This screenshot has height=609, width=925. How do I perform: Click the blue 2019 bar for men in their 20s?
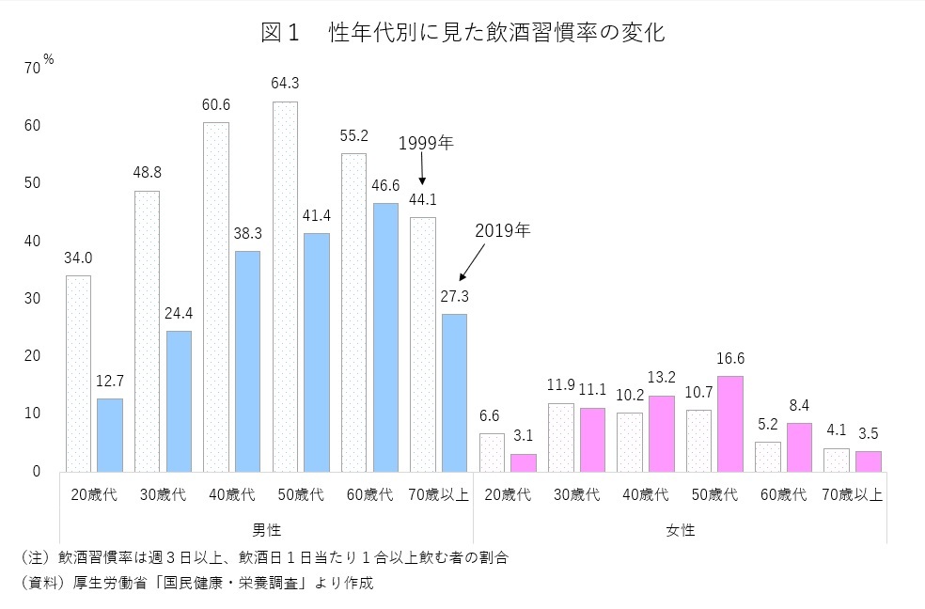(109, 434)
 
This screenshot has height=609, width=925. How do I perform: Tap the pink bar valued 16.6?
(729, 423)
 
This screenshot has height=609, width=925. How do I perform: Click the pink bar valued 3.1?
(524, 461)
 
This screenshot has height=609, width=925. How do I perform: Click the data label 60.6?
(216, 103)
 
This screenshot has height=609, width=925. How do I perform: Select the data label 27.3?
(455, 295)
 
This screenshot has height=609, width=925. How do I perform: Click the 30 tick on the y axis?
(33, 298)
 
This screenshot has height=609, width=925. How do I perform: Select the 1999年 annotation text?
(425, 144)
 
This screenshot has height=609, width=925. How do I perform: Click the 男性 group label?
(267, 530)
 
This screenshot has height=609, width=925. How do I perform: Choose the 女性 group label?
(680, 530)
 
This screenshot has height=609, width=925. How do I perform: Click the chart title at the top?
(462, 34)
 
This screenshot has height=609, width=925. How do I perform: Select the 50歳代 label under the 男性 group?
(301, 494)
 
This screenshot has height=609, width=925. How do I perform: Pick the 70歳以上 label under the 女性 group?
(852, 494)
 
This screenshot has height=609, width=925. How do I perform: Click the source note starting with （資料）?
(196, 583)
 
